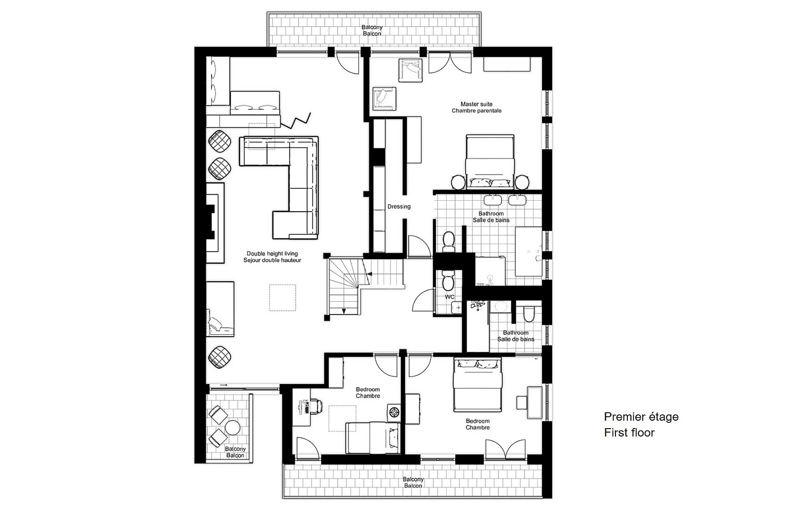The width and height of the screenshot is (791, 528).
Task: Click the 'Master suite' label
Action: tap(477, 104)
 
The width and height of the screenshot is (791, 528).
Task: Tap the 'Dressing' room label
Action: tap(399, 207)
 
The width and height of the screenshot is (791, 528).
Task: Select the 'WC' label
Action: tap(449, 297)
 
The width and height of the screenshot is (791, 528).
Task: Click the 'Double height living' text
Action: tap(272, 254)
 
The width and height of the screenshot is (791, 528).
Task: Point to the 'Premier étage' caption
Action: tap(641, 417)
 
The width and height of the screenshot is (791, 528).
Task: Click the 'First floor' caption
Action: tap(629, 433)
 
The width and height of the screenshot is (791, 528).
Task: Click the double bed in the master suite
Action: tap(490, 161)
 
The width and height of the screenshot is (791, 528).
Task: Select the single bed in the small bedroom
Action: tap(373, 438)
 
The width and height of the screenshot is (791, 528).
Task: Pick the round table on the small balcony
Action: tap(233, 428)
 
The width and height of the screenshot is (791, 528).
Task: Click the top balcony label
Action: tap(372, 30)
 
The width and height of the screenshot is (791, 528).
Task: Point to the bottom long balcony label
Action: tap(413, 483)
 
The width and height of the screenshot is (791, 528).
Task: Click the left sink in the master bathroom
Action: tap(492, 200)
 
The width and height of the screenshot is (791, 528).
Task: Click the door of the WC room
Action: tap(423, 300)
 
